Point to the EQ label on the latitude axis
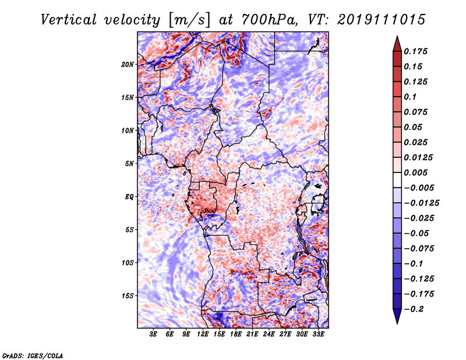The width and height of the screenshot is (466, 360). point(129,197)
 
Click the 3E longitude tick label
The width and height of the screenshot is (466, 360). point(154,335)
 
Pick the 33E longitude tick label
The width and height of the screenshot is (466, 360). point(319,335)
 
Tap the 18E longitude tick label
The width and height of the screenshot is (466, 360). point(236,335)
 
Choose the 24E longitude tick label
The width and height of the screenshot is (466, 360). point(269,335)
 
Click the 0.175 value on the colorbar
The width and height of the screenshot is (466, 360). point(418,52)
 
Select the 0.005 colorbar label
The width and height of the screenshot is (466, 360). point(418,173)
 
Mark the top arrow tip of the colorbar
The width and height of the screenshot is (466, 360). point(397,37)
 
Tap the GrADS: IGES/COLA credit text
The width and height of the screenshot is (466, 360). point(32,355)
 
